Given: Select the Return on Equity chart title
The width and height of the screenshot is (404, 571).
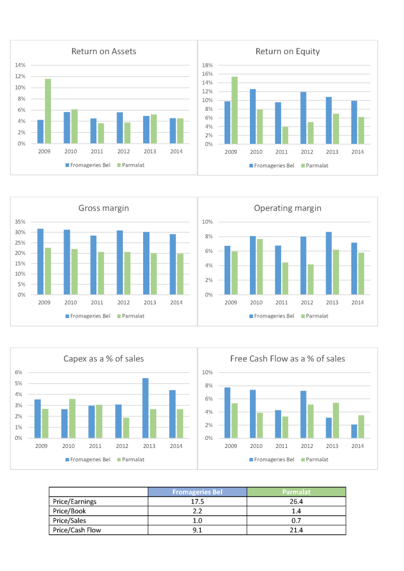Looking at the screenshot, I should (287, 51).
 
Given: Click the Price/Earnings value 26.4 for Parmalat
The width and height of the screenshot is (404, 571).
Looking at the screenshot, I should (296, 501).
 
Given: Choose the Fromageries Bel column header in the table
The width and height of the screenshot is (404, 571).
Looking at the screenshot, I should (197, 492).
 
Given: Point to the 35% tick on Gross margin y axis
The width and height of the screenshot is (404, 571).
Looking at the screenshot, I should (21, 222).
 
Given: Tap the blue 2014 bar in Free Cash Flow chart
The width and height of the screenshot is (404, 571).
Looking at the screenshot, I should (354, 431).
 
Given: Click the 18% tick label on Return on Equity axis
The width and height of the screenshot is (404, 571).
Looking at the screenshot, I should (207, 65).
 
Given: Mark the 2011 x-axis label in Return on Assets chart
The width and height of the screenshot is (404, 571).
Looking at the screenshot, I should (97, 152).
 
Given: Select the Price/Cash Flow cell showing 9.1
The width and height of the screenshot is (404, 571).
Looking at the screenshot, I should (197, 529).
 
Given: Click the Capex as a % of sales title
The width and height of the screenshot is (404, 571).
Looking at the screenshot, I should (104, 359).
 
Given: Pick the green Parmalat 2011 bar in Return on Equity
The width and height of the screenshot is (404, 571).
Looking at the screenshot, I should (285, 135).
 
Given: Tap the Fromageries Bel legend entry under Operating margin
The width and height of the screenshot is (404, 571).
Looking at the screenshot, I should (271, 316).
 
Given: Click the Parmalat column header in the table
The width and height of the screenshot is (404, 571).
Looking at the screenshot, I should (296, 492).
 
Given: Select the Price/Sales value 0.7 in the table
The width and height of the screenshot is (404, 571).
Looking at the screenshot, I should (296, 520).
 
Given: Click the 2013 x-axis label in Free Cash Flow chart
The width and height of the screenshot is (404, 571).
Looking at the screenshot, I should (331, 446).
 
